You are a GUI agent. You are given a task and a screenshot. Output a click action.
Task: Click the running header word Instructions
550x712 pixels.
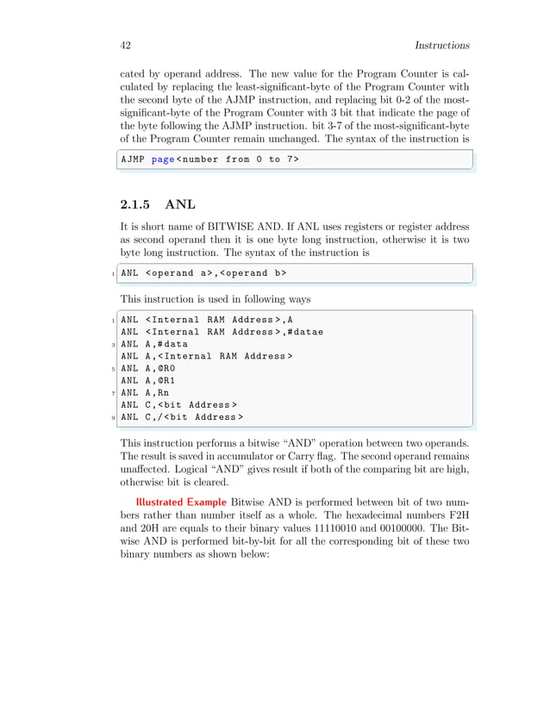441,45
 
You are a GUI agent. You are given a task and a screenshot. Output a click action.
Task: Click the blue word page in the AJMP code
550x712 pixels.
162,159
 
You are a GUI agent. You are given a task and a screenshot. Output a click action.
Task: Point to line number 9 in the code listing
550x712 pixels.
113,418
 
